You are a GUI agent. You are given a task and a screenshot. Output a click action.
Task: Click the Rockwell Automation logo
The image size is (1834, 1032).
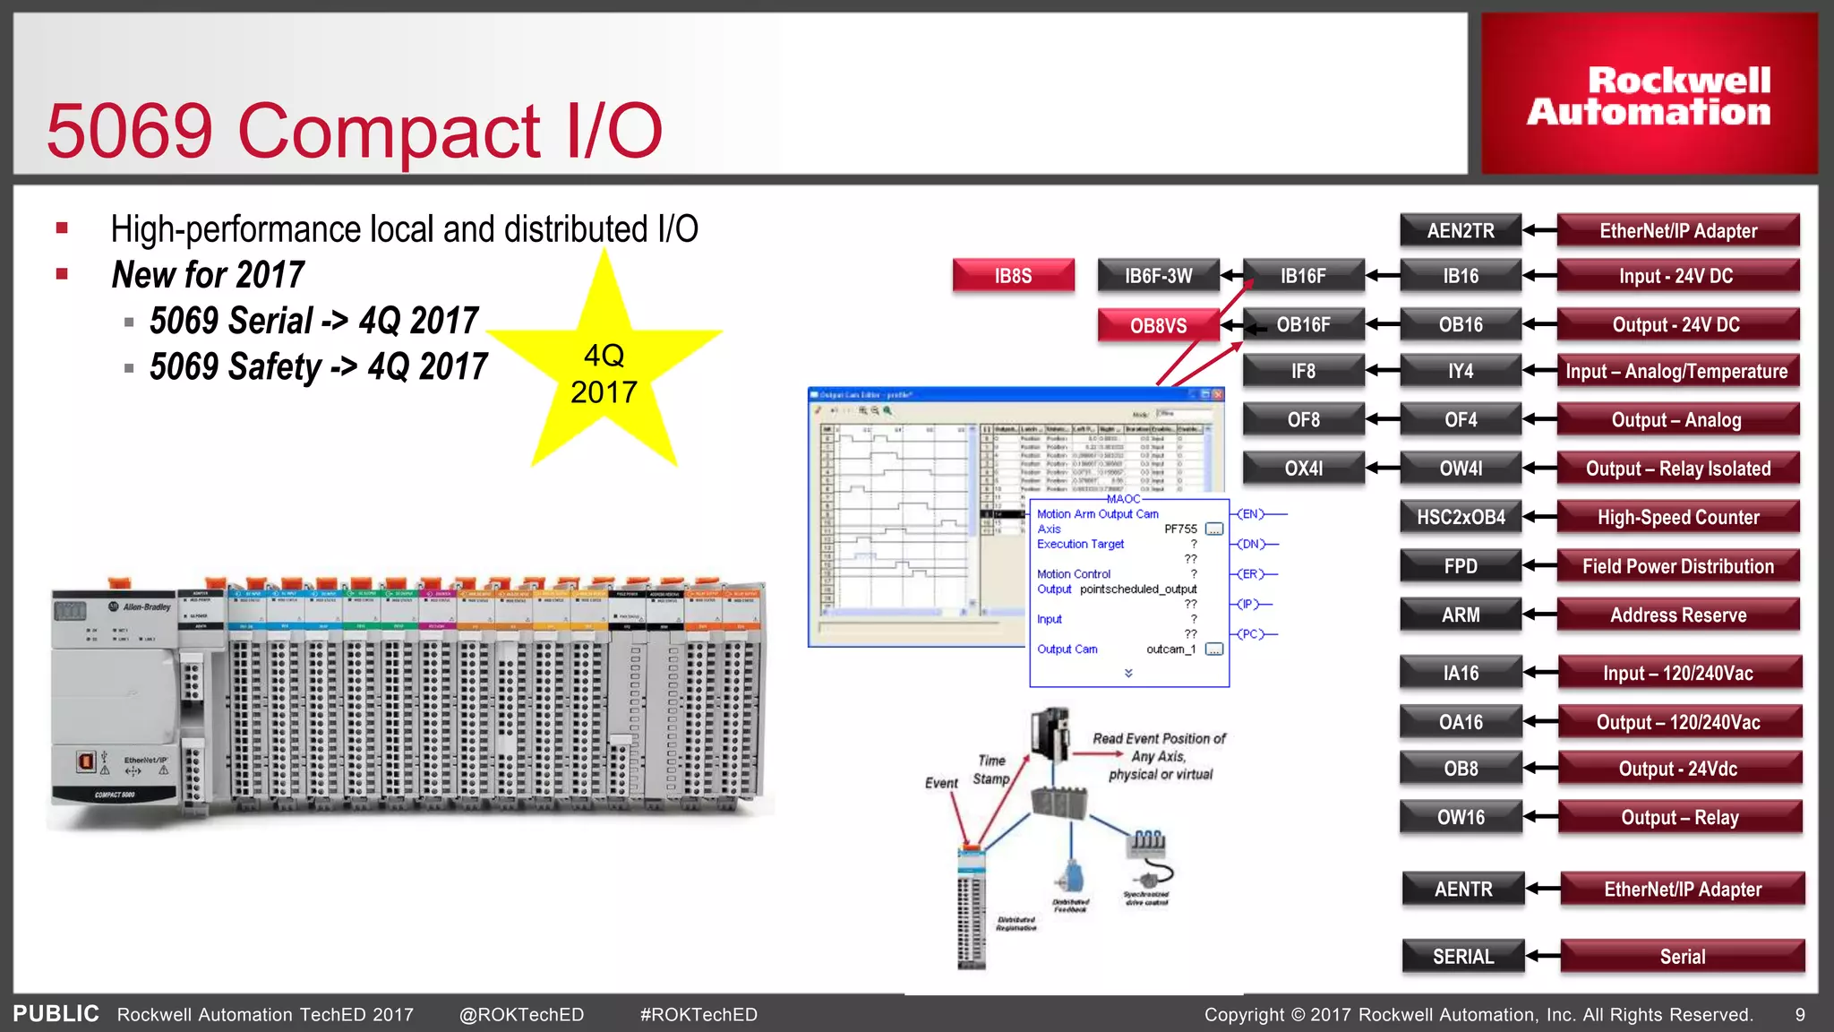(x=1649, y=96)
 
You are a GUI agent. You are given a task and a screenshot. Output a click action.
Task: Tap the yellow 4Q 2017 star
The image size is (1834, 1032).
(x=604, y=372)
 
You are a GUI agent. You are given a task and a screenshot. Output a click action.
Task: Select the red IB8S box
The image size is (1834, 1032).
(x=1013, y=276)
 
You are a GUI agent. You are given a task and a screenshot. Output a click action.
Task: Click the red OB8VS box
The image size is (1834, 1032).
(x=1158, y=326)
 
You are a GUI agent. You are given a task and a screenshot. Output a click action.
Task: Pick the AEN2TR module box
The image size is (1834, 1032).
(x=1461, y=231)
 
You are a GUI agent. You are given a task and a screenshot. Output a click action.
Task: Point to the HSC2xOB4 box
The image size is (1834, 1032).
(x=1461, y=518)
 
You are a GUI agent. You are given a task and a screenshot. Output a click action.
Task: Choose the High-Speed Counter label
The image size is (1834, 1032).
(x=1678, y=518)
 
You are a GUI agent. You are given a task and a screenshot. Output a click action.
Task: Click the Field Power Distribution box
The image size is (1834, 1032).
(x=1678, y=566)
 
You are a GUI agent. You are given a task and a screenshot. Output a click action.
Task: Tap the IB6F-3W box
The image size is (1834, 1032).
(x=1158, y=276)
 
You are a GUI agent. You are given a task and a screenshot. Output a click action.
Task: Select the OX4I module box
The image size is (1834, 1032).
(x=1303, y=469)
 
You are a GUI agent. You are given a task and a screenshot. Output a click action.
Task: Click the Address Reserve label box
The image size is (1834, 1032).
(x=1678, y=615)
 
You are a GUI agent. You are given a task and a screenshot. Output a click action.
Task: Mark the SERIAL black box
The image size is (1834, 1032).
(x=1463, y=957)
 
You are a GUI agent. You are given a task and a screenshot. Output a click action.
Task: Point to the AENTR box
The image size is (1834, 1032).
(x=1463, y=890)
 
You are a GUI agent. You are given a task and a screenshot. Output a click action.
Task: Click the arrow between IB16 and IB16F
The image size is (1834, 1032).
(x=1383, y=276)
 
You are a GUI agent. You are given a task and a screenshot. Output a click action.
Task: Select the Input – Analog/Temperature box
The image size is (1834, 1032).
(x=1676, y=371)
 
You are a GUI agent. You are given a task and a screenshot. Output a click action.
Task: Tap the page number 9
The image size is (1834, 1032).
(x=1800, y=1015)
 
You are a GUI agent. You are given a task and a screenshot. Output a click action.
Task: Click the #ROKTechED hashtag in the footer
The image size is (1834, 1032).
(x=698, y=1015)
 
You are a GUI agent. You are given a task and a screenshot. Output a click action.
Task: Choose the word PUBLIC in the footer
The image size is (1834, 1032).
(x=56, y=1014)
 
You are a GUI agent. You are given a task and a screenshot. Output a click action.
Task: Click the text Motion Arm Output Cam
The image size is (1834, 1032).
(x=1097, y=514)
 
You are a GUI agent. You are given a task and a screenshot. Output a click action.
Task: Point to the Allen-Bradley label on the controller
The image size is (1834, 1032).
(x=147, y=607)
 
